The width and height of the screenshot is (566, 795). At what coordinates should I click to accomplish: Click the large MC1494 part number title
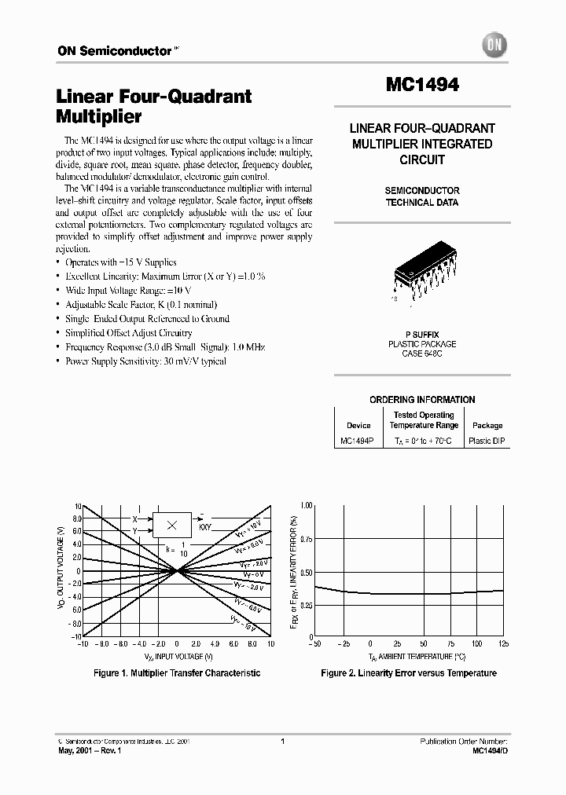[x=422, y=85]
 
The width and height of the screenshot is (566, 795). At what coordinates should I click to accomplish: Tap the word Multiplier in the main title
[x=99, y=116]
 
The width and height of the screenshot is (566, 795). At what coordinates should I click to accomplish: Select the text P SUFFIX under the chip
[x=422, y=335]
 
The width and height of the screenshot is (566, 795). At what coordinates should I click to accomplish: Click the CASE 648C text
[x=422, y=354]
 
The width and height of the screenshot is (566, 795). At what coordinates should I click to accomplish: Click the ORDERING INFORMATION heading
[x=422, y=399]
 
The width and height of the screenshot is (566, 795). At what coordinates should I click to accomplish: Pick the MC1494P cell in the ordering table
[x=358, y=441]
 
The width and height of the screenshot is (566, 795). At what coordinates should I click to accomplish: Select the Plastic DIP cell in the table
[x=486, y=441]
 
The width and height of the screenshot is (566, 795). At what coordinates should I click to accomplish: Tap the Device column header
[x=358, y=425]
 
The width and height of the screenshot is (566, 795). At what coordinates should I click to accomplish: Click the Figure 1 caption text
[x=177, y=673]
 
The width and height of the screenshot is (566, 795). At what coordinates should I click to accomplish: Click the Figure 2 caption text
[x=409, y=673]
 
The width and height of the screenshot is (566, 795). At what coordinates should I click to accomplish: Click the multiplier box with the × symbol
[x=172, y=524]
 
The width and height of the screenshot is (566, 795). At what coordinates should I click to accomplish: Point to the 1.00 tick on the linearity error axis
[x=306, y=505]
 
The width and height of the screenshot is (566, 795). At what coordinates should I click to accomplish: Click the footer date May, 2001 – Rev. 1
[x=90, y=751]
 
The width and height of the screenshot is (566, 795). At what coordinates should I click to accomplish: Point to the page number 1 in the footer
[x=282, y=741]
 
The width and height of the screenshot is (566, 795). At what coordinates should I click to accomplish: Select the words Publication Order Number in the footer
[x=464, y=741]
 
